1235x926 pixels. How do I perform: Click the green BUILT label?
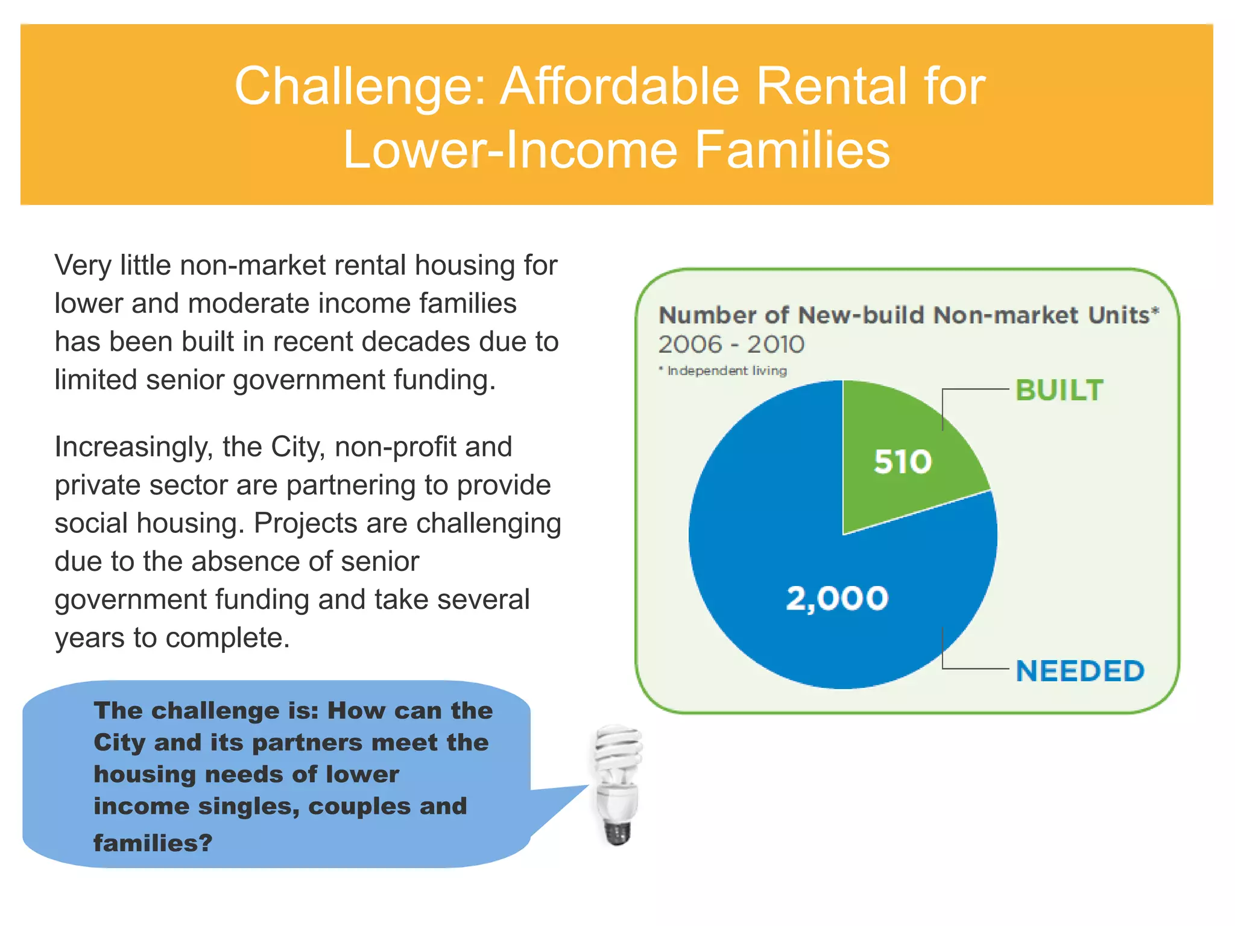(x=1059, y=390)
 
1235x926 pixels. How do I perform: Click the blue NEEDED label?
(x=1079, y=671)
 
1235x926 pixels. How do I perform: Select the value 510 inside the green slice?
(x=903, y=462)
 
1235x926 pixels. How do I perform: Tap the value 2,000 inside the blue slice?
(x=837, y=599)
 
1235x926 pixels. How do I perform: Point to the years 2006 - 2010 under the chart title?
(x=731, y=344)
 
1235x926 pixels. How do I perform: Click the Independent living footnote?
(x=726, y=370)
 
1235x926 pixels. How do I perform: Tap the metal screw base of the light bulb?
(x=617, y=833)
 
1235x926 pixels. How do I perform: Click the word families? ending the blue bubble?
(x=153, y=843)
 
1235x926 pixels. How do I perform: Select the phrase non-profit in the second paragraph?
(x=393, y=447)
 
